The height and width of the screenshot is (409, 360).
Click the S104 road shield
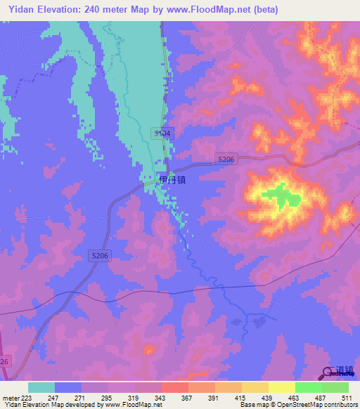coord(162,133)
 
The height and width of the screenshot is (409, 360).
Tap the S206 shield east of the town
coord(226,160)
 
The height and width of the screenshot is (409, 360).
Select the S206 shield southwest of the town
coord(100,257)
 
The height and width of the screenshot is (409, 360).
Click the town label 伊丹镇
coord(173,180)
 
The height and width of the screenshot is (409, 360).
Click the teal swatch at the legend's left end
coord(41,387)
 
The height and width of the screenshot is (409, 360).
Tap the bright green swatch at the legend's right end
coord(335,387)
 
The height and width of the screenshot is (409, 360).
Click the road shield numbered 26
coord(4,361)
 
